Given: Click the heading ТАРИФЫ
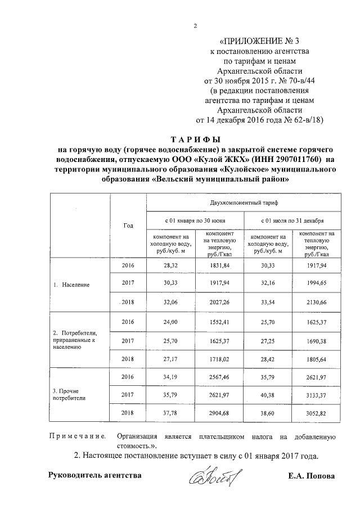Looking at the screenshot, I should tap(195, 139).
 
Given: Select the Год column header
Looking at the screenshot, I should tap(128, 225).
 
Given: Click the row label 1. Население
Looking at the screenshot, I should tap(75, 285).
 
